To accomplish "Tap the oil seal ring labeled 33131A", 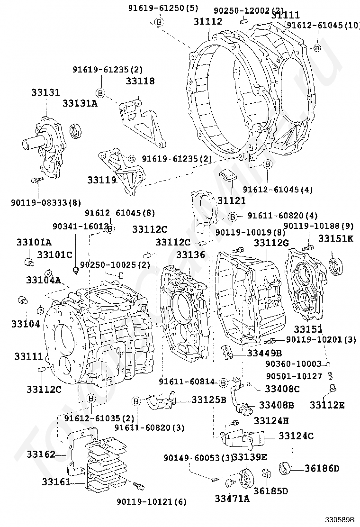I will point(76,131).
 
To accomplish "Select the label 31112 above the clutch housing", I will point(207,21).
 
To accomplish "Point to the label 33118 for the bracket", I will point(140,81).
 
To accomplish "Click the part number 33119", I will point(101,180).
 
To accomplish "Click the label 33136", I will point(190,255).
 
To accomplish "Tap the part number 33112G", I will point(271,243).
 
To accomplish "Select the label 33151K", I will point(335,238).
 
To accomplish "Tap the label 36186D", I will point(322,469).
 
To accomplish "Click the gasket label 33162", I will point(41,454).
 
